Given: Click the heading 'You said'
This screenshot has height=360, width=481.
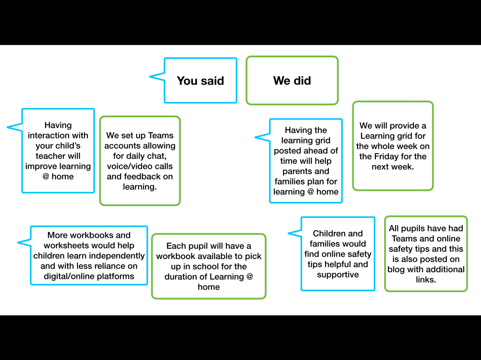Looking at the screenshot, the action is tap(200, 81).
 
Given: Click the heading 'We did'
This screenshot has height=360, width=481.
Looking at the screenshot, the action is tap(292, 80).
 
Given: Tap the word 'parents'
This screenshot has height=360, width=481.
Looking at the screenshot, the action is tap(306, 171).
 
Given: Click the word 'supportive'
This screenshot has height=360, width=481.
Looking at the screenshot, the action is tap(338, 275).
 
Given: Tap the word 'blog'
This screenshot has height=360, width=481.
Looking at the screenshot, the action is tap(396, 269).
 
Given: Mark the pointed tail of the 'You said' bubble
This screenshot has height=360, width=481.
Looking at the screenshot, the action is tap(149, 77).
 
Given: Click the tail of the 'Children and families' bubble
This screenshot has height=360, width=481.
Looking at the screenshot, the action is tap(288, 233).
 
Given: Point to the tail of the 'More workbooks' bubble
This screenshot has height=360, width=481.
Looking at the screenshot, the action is tap(18, 243).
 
